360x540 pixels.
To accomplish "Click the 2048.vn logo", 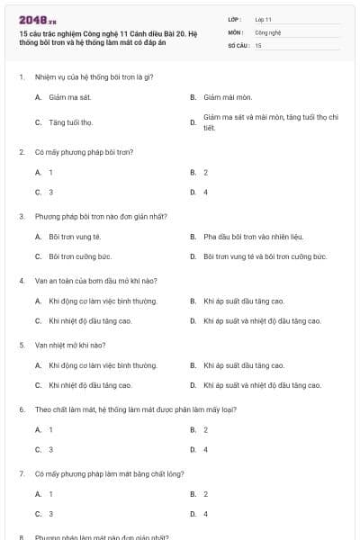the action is click(37, 20).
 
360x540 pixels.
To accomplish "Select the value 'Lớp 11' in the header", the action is click(263, 18).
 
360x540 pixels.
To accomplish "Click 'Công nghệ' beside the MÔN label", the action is click(267, 31).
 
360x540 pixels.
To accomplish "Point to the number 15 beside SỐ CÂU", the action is click(258, 44).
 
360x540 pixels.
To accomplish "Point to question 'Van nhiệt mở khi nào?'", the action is click(70, 345).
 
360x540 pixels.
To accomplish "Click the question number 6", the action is click(21, 409).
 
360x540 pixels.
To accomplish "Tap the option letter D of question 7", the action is click(193, 514).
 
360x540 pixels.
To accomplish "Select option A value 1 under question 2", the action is click(50, 172).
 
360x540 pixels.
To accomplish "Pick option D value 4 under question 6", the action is click(205, 449).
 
